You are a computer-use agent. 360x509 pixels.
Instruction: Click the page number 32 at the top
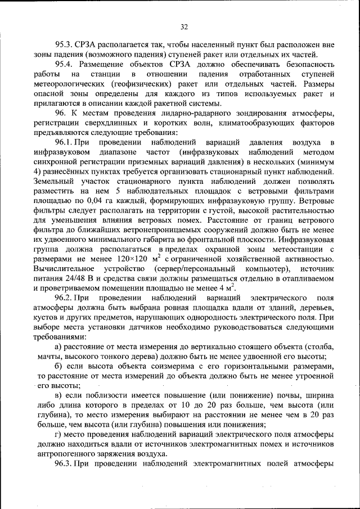click(183, 26)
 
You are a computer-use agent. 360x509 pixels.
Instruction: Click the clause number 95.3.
click(65, 44)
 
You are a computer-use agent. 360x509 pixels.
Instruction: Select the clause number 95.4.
click(65, 64)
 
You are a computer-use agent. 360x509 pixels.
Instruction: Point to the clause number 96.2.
click(65, 297)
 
